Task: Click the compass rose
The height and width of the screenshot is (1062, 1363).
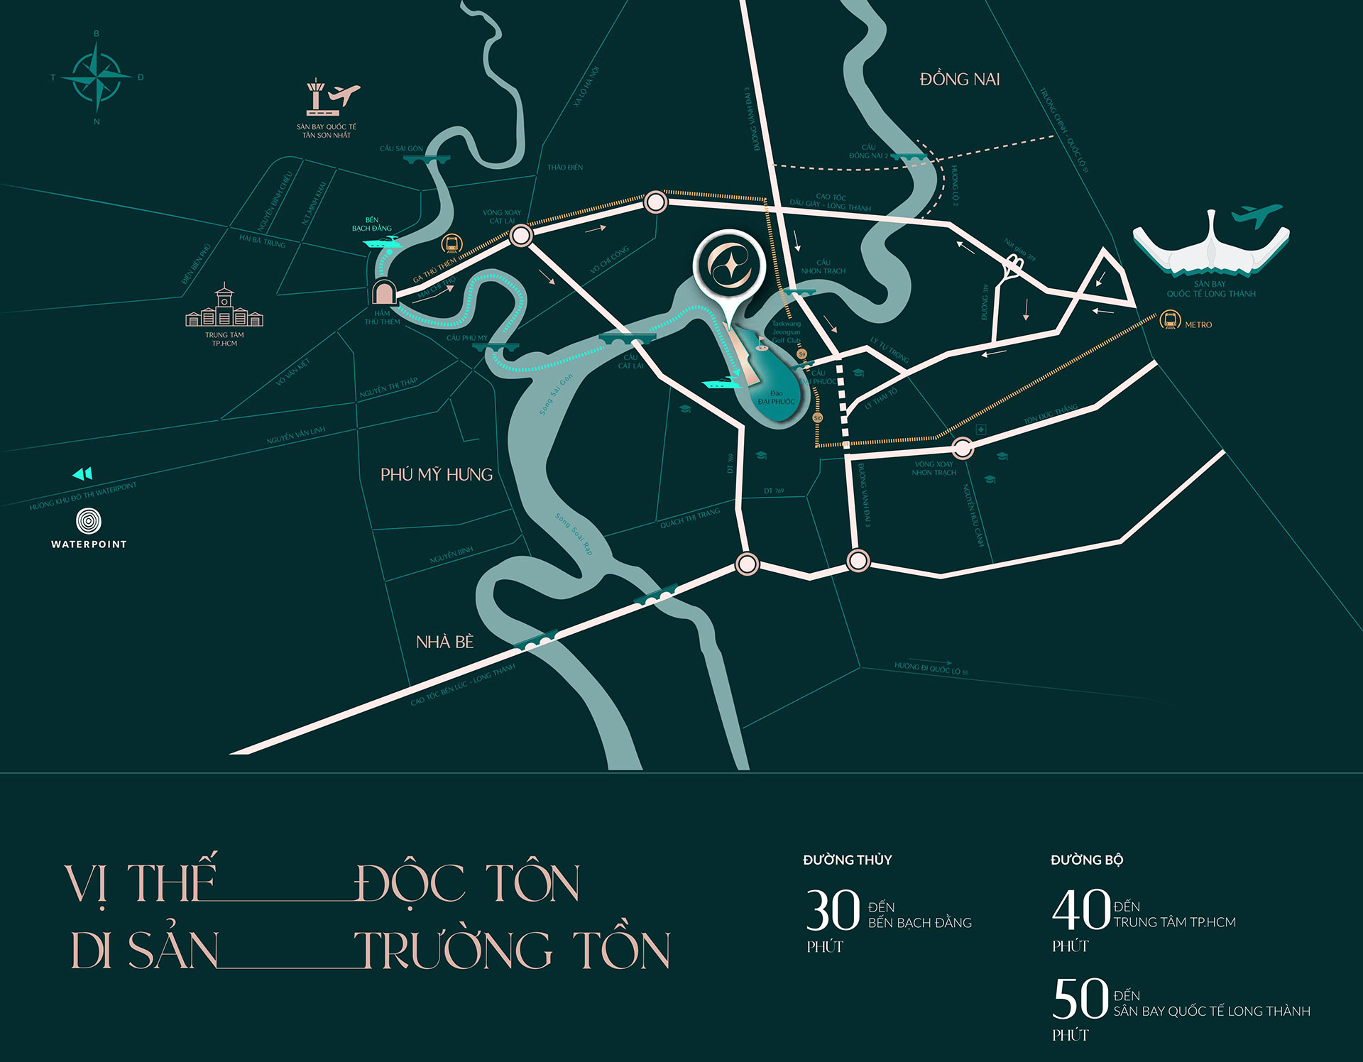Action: [97, 77]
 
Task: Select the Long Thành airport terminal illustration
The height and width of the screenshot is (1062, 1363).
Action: [1211, 245]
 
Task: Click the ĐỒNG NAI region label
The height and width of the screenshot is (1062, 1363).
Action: [960, 80]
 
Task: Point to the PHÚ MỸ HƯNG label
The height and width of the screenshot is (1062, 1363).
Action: [437, 475]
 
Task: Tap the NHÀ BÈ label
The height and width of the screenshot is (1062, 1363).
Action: [444, 642]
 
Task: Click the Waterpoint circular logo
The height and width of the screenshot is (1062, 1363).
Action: [89, 521]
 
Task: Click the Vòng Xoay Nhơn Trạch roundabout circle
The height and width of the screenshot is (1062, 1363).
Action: [963, 448]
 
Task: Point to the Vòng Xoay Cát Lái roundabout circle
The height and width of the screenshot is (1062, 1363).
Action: [521, 236]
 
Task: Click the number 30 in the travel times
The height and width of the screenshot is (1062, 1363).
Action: [833, 911]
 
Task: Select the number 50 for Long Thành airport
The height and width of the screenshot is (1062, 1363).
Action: [1080, 999]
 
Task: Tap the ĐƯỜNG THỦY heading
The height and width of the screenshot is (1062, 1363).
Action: [847, 860]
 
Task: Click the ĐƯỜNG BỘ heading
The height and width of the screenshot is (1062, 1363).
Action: [1087, 860]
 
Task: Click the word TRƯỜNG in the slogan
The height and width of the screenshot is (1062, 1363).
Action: [454, 951]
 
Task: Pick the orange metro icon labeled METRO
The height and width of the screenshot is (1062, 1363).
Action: [1168, 320]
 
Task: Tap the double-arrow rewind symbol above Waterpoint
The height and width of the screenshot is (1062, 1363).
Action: [82, 473]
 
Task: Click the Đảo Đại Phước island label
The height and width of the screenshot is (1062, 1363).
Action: [776, 398]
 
